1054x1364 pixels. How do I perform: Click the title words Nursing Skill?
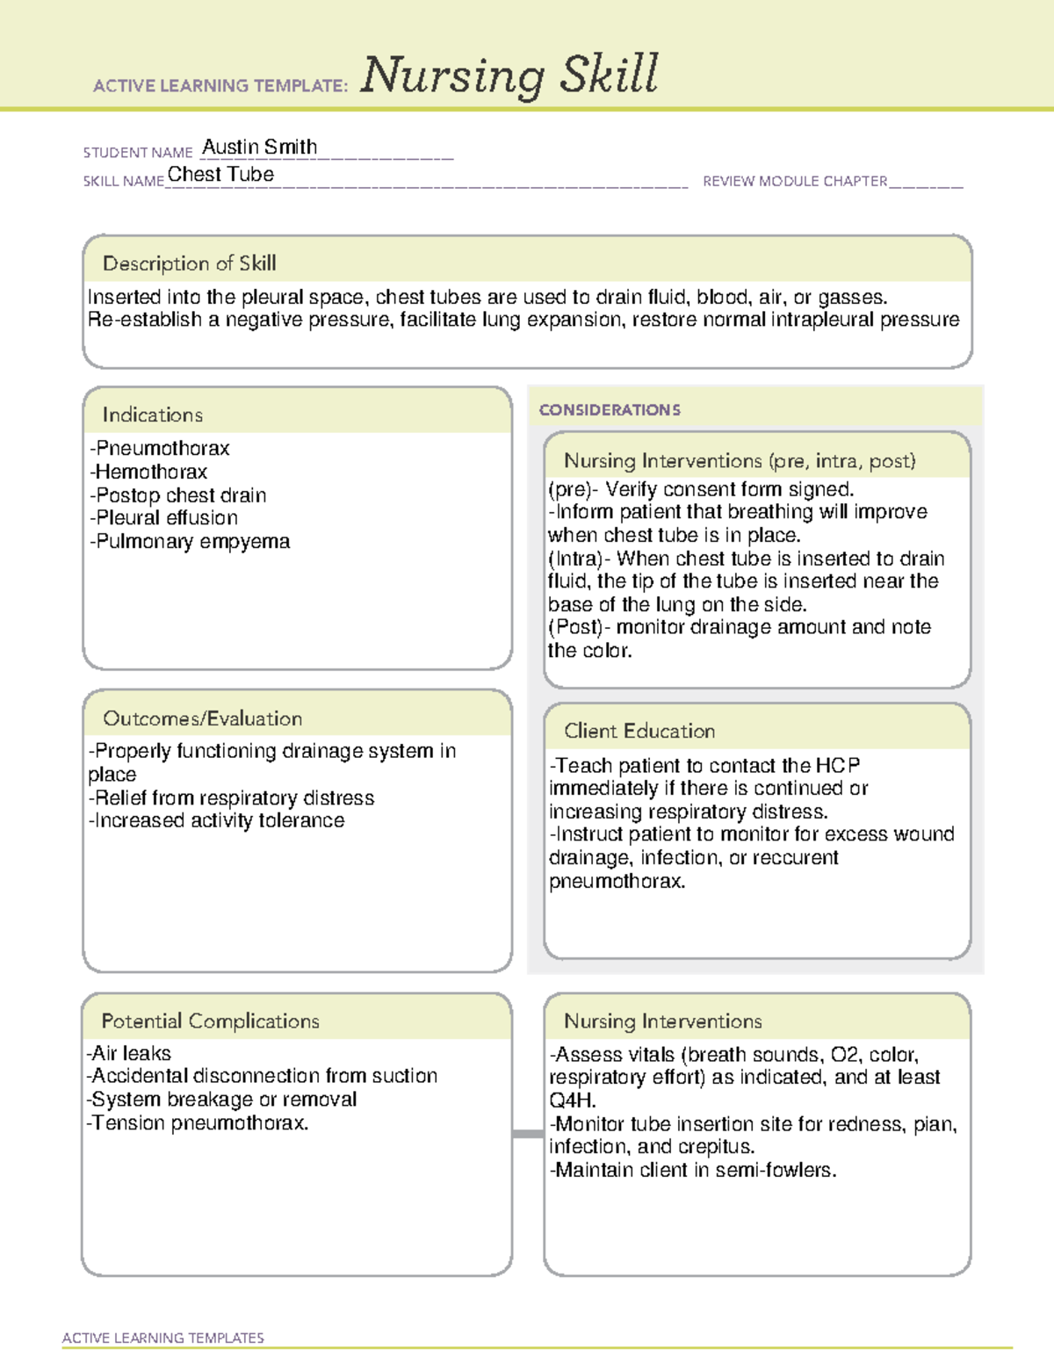[x=509, y=76]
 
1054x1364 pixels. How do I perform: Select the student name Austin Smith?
[x=260, y=148]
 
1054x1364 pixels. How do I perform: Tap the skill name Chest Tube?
[x=220, y=175]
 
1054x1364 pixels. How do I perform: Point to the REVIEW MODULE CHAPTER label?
[x=795, y=182]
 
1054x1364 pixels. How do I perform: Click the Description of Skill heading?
[x=189, y=263]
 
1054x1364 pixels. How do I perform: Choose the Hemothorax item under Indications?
[x=148, y=472]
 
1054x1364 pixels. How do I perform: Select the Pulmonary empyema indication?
[x=190, y=542]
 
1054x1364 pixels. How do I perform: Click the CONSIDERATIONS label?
[x=610, y=410]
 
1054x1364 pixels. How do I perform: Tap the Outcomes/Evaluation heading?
[x=202, y=718]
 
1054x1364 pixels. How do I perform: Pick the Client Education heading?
[x=639, y=731]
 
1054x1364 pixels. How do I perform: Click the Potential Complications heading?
[x=210, y=1021]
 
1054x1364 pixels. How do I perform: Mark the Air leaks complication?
[x=129, y=1053]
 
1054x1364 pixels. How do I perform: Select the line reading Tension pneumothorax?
[x=198, y=1123]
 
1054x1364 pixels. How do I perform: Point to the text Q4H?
[x=572, y=1101]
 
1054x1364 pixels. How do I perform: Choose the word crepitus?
[x=715, y=1147]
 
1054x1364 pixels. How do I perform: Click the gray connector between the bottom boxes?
[x=528, y=1134]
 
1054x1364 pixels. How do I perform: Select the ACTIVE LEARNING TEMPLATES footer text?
[x=163, y=1338]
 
